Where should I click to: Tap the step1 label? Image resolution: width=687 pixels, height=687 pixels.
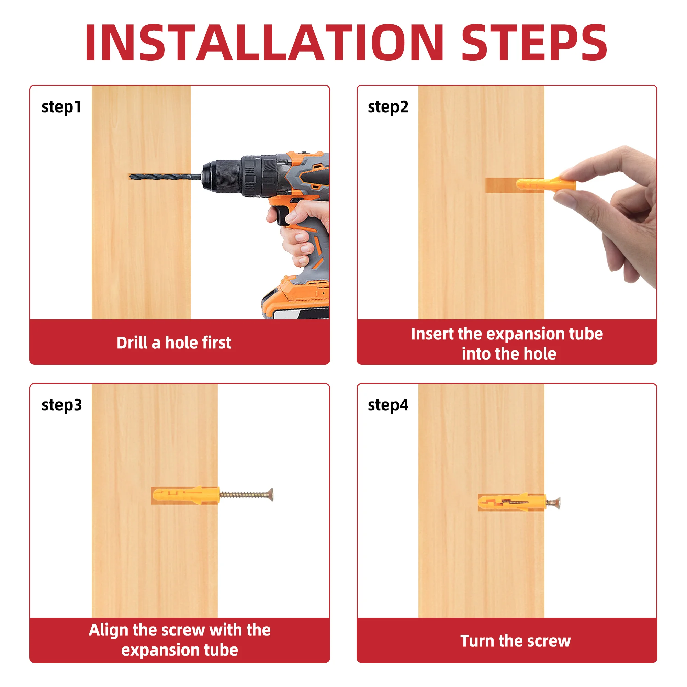(61, 107)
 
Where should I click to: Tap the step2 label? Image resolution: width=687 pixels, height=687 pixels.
(388, 107)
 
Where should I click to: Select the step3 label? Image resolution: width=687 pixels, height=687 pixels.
(61, 405)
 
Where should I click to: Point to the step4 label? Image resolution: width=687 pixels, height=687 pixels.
(388, 405)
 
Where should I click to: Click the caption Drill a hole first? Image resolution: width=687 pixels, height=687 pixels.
(174, 343)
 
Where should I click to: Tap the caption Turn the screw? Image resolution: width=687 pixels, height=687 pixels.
(515, 641)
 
